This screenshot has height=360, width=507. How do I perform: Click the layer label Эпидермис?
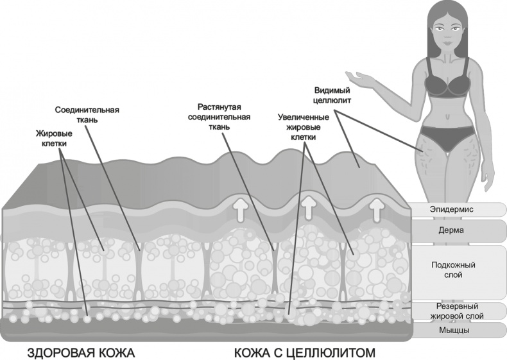tap(458, 210)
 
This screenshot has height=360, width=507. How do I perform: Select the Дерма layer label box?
tap(458, 230)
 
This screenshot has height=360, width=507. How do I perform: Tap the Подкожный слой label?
tap(458, 270)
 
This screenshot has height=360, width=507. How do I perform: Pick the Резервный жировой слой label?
tap(458, 311)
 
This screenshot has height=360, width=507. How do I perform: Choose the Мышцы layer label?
tap(458, 330)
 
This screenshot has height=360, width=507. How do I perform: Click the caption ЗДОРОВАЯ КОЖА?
tap(82, 353)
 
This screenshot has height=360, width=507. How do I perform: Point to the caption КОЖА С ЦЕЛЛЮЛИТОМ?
tap(304, 353)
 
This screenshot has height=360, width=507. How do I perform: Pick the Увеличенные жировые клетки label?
tap(304, 127)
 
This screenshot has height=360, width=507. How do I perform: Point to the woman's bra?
tap(450, 83)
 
